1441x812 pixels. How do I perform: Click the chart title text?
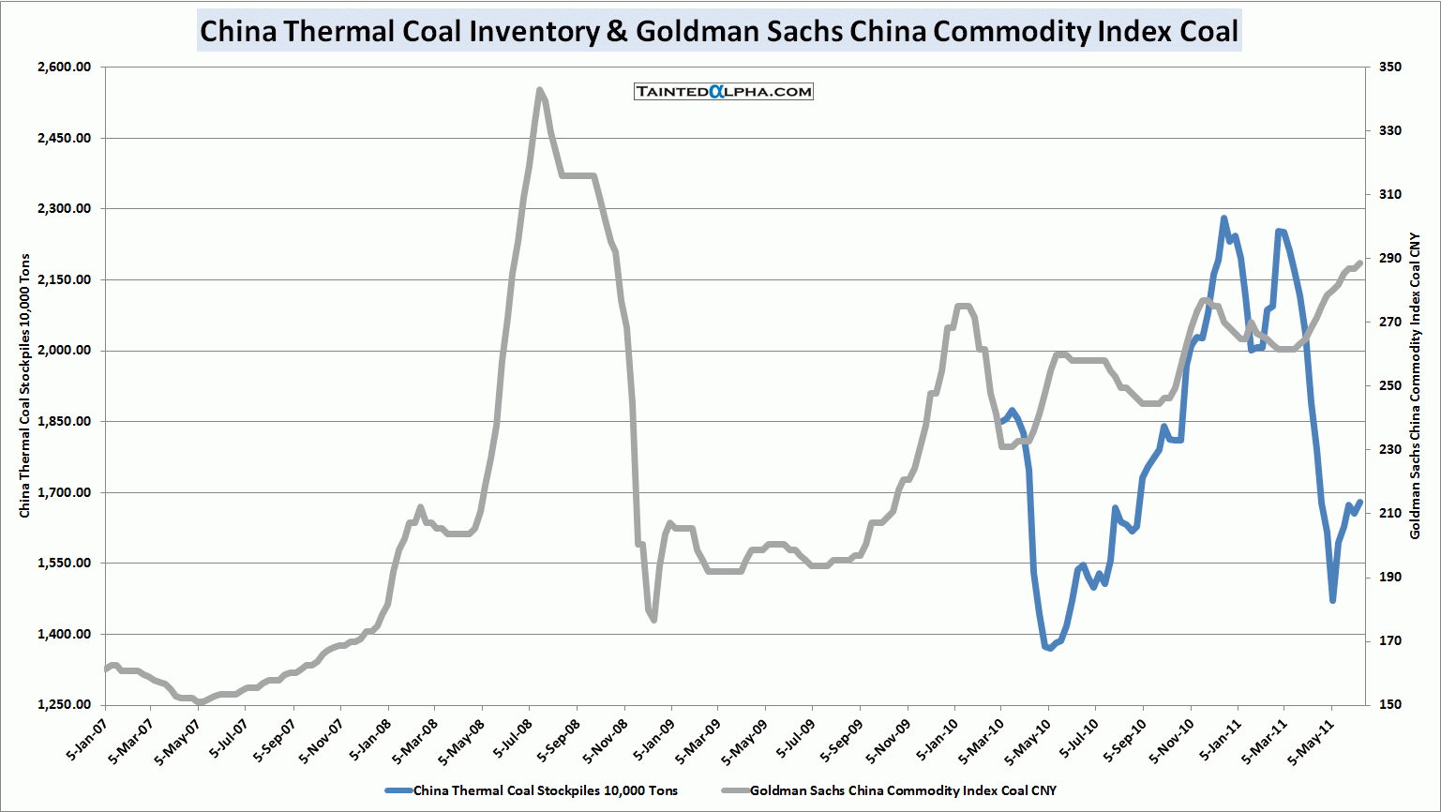(x=719, y=31)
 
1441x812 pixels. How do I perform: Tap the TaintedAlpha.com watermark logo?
(x=723, y=91)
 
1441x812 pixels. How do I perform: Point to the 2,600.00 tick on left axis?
(x=65, y=68)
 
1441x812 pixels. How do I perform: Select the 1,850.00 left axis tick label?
(x=65, y=422)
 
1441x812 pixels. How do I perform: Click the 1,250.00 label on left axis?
(x=65, y=705)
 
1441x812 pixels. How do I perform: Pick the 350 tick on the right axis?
(x=1389, y=68)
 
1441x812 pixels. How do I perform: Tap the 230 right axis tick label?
(x=1389, y=450)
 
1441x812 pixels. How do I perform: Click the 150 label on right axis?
(x=1389, y=705)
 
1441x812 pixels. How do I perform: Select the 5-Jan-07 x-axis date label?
(x=86, y=740)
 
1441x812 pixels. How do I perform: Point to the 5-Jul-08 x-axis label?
(x=512, y=740)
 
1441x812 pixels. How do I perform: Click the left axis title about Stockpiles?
(x=25, y=385)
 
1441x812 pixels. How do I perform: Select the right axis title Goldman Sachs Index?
(x=1416, y=385)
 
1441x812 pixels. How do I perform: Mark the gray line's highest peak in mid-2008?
(x=539, y=90)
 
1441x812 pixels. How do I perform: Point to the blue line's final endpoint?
(x=1359, y=502)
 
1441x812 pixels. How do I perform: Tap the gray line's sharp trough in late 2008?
(x=653, y=620)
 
